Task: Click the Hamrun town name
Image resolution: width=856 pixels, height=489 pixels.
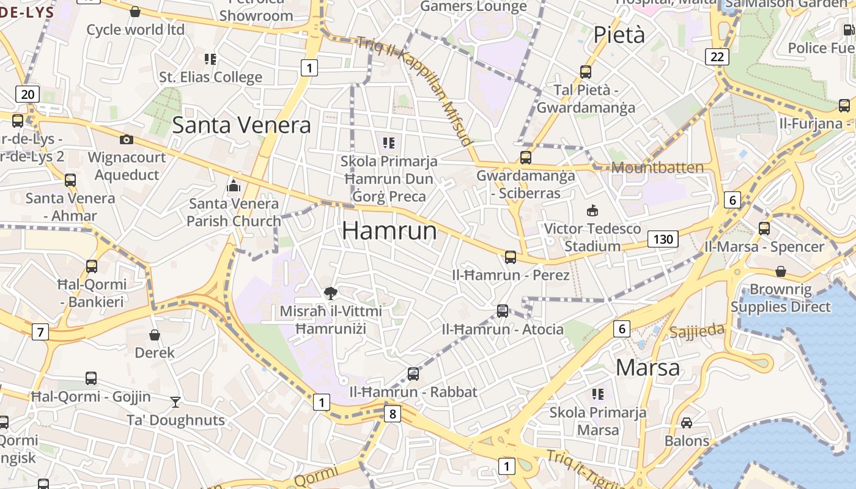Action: point(389,231)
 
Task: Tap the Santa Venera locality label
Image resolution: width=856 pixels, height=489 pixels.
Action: point(242,125)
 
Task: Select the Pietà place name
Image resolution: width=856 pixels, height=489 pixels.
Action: point(619,35)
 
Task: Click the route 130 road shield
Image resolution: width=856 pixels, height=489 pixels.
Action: point(663,239)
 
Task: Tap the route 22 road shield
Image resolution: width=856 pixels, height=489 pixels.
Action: point(717,57)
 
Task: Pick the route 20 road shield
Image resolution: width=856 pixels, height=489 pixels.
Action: point(28,94)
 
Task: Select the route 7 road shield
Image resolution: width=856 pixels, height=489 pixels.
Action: point(40,333)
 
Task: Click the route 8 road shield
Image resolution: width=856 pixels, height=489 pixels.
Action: point(393,414)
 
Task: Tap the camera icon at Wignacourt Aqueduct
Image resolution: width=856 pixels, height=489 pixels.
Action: point(127,140)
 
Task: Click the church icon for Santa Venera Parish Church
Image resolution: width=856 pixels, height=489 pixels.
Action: point(233,186)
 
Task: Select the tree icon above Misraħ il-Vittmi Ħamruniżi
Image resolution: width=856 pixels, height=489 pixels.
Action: point(331,293)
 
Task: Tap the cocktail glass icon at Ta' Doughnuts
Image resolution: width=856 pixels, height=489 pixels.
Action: point(175,402)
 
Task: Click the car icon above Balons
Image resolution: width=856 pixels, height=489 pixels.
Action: point(687,423)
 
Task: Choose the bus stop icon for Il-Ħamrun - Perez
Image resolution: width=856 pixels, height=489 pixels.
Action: point(511,257)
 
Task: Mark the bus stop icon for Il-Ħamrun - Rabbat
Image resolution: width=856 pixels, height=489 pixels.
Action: point(413,374)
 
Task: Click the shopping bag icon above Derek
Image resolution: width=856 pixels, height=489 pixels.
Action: point(155,335)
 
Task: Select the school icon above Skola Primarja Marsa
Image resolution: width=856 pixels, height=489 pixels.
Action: point(597,394)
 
